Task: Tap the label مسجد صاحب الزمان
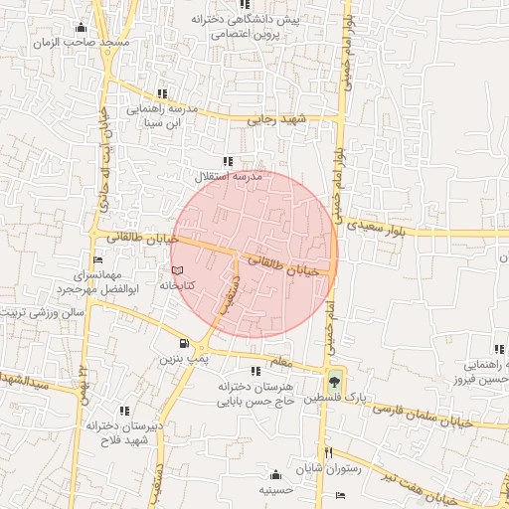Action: tap(67, 44)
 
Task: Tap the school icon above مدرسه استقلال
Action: tap(228, 161)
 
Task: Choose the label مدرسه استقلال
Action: tap(228, 176)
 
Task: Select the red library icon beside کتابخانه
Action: tap(177, 269)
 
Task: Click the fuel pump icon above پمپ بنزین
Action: tap(185, 343)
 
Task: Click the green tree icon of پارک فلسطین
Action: tap(333, 381)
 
